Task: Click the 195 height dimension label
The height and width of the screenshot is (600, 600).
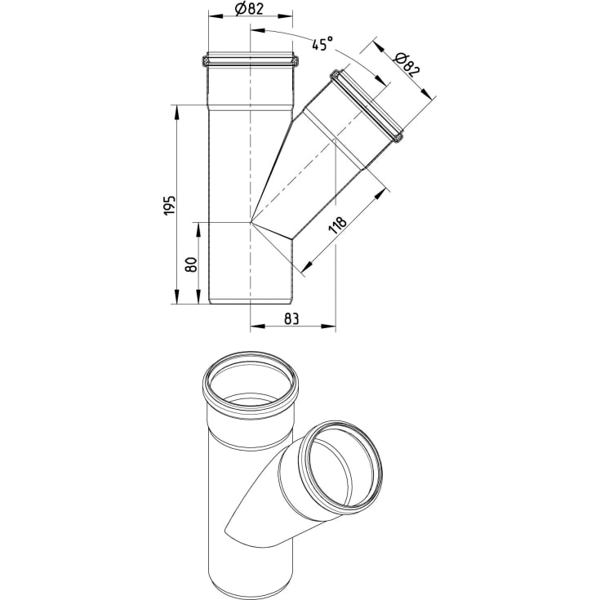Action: (171, 205)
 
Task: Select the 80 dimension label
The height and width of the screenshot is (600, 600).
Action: (191, 264)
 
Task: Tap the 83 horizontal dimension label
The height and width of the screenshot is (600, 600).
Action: (291, 318)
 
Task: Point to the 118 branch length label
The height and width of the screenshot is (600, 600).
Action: (337, 225)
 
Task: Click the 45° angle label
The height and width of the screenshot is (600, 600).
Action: (322, 44)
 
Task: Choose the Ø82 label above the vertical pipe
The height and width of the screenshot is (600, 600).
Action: (251, 9)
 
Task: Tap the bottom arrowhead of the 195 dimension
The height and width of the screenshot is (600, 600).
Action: (176, 297)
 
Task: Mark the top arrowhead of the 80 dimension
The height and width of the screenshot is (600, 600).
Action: (198, 229)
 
